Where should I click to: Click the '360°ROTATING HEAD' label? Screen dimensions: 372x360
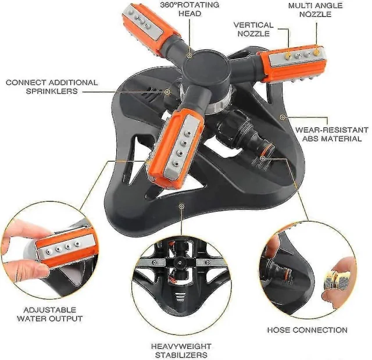pos(189,9)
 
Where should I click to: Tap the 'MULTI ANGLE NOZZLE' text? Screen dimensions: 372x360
pos(315,10)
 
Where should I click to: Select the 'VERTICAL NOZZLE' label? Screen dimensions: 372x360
pos(253,29)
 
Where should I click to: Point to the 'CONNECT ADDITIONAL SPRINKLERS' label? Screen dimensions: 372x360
pos(52,87)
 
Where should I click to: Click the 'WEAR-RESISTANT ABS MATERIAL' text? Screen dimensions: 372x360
pos(332,134)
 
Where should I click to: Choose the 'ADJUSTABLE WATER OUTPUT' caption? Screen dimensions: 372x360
pos(49,314)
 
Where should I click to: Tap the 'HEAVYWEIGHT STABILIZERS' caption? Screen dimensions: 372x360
pos(181,350)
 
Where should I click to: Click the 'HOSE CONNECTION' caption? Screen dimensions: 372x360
pos(307,330)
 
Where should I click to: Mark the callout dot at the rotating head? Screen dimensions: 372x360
pos(189,55)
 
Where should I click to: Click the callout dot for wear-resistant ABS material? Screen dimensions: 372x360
pos(282,117)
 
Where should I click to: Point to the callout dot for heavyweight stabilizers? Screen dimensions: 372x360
pos(181,206)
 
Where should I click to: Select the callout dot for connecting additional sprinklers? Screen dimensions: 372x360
pos(167,92)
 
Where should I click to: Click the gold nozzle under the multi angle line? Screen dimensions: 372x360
pos(316,52)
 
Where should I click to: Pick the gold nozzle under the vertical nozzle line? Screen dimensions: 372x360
pos(288,56)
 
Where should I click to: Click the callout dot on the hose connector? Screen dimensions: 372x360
pos(262,158)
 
